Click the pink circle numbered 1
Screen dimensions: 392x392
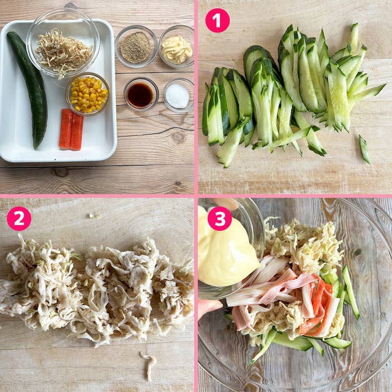pos(217,21)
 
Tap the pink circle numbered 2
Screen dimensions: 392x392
pos(19,218)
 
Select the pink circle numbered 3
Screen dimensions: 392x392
pos(220,218)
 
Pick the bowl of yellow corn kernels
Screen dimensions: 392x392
pos(87,94)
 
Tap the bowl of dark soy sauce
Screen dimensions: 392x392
pos(141,94)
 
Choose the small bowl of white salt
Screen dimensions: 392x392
pos(178,95)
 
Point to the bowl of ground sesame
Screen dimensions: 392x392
pos(136,46)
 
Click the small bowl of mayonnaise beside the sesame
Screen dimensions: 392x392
pos(176,46)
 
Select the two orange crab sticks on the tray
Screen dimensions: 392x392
pos(71,129)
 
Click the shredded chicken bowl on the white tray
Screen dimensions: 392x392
pos(63,44)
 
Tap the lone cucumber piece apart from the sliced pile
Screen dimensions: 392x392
pos(364,149)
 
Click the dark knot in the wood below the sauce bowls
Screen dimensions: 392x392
pos(178,137)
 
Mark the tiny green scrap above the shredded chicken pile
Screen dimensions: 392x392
pos(95,216)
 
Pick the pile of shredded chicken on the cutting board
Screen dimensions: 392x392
pos(96,289)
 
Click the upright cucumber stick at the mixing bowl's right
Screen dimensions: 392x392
pos(351,292)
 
